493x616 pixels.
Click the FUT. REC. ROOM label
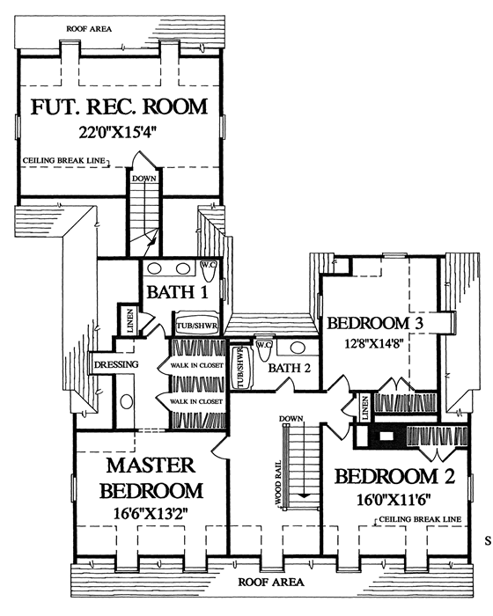click(x=119, y=106)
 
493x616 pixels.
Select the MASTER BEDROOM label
click(x=151, y=478)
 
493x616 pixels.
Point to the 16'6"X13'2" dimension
click(x=151, y=513)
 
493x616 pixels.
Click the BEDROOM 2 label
click(x=394, y=477)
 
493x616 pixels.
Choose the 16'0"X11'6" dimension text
click(x=394, y=500)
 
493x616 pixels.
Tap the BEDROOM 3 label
click(x=375, y=323)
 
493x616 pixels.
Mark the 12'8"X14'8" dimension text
click(x=374, y=344)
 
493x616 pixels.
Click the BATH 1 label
click(x=177, y=292)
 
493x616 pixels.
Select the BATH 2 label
click(x=290, y=368)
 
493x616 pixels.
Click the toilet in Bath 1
click(x=209, y=270)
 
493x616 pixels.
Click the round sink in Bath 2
click(x=298, y=348)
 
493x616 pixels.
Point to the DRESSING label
click(x=116, y=364)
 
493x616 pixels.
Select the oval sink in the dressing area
click(x=127, y=401)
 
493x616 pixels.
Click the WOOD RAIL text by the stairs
click(x=278, y=483)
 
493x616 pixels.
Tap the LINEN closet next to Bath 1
click(x=129, y=319)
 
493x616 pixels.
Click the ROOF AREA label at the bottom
click(x=271, y=583)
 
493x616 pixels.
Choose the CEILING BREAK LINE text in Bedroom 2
click(x=420, y=519)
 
